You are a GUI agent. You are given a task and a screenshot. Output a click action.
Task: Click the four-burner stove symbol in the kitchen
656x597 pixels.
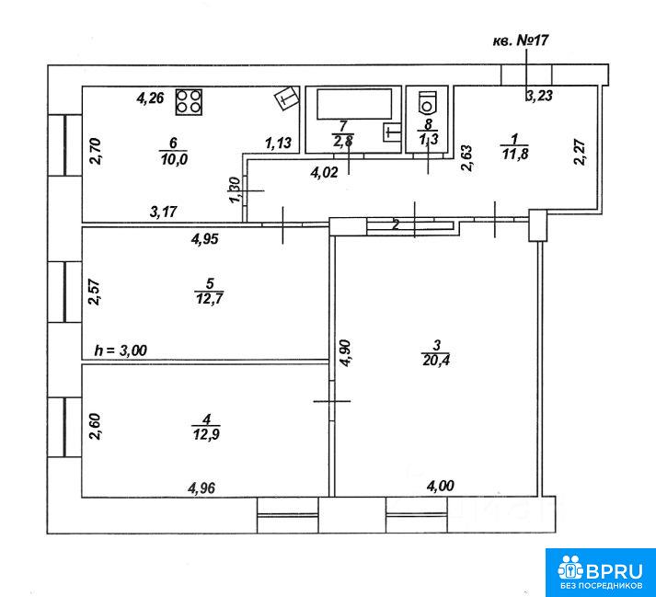pos(189,102)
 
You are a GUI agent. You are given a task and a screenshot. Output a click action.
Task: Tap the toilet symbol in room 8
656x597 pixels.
pos(427,102)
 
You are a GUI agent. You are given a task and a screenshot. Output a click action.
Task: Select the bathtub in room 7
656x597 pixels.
pos(354,103)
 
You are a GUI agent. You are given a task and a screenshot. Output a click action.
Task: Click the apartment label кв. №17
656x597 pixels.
pos(521,40)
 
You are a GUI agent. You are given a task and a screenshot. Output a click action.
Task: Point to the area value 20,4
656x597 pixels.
pos(436,360)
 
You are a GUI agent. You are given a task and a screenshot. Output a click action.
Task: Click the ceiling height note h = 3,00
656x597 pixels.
pos(121,350)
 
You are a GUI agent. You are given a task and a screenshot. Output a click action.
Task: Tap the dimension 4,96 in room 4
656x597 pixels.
pos(202,488)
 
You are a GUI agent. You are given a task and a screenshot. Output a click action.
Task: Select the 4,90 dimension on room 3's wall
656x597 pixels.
pos(346,353)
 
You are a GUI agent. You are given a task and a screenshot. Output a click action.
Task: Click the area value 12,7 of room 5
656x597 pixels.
pos(209,299)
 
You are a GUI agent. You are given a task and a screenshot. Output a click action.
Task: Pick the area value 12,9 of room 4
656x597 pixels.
pos(206,434)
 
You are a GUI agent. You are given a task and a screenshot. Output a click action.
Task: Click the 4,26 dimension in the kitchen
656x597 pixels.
pos(150,98)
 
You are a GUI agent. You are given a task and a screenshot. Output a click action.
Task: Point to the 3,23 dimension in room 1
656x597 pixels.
pos(539,96)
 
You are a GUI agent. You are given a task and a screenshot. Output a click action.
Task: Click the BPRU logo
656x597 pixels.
pos(601,572)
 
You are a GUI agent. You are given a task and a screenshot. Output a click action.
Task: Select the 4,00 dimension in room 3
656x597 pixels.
pos(440,486)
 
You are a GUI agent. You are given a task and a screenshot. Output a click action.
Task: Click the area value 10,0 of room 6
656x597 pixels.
pos(173,159)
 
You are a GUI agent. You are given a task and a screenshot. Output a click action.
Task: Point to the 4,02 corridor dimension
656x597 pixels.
pos(324,172)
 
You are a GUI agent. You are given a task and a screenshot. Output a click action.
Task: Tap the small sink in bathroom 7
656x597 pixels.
pos(391,132)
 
